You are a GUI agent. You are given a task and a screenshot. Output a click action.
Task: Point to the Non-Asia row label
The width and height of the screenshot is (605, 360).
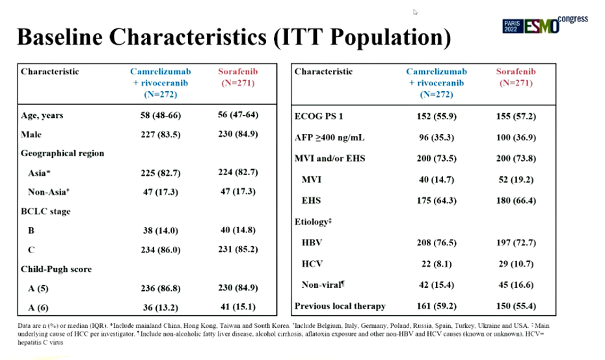(50, 192)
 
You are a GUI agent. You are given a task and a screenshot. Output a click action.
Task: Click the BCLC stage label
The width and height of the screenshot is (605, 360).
(46, 212)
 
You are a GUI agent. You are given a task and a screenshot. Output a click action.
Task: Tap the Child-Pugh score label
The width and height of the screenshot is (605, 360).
(56, 268)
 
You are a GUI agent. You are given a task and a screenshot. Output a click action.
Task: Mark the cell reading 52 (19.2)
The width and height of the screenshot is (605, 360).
(516, 179)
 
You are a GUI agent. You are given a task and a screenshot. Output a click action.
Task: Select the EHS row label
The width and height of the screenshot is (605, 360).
(310, 201)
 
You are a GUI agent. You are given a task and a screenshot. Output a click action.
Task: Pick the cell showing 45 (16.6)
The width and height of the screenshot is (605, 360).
(516, 285)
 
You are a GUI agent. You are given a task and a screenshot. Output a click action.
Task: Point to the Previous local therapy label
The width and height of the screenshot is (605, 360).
(340, 305)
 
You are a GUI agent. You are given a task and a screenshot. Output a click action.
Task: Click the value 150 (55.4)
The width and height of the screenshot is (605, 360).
(516, 305)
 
